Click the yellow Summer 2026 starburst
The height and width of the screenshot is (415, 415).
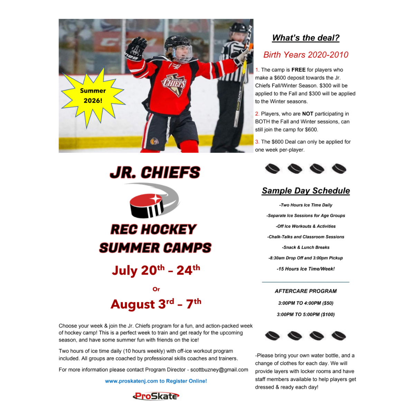click(93, 96)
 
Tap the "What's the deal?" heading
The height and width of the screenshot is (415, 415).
click(306, 38)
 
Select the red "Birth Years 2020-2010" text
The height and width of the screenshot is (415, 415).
click(306, 55)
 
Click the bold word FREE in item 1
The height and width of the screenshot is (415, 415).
click(298, 70)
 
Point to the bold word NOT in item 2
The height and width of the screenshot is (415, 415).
click(307, 114)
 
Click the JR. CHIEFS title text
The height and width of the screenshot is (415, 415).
click(155, 173)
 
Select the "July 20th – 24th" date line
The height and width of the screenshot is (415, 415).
click(156, 270)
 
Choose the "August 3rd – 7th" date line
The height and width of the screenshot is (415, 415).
click(156, 304)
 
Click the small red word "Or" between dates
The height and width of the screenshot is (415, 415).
click(156, 289)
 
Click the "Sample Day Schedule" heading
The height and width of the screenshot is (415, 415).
click(306, 191)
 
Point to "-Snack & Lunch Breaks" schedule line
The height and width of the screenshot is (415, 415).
click(306, 248)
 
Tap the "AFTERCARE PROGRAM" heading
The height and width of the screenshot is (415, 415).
click(306, 291)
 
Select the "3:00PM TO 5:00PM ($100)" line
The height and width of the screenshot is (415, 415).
click(306, 315)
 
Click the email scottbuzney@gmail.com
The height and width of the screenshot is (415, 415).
click(219, 370)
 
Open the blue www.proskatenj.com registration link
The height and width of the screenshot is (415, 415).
click(156, 381)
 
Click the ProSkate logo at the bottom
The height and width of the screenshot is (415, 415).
click(156, 396)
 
